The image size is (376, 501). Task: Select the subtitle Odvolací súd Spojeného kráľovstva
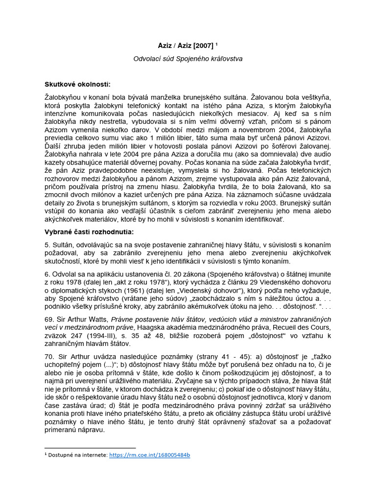(x=188, y=59)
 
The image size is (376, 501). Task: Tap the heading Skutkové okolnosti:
(x=77, y=84)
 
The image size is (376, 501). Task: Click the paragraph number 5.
(x=47, y=244)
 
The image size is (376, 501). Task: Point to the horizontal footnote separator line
(x=90, y=447)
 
